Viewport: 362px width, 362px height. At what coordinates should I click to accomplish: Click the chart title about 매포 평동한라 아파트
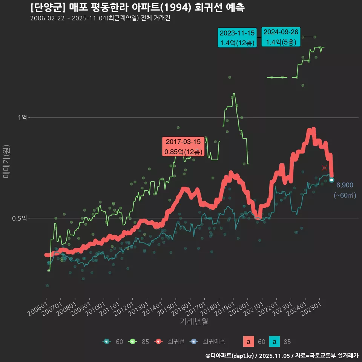pos(137,8)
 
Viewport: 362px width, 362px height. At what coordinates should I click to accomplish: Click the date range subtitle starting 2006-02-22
pos(100,18)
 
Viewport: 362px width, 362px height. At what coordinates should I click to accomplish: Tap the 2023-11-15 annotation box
pos(237,38)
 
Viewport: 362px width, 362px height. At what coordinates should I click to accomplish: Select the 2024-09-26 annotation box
pos(281,37)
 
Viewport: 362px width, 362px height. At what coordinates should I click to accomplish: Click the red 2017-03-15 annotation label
pos(183,147)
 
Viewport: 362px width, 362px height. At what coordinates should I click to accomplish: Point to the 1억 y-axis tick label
pos(22,118)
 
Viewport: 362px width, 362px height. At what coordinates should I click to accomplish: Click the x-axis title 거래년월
pos(194,321)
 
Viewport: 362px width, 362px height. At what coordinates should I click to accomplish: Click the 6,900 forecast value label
pos(345,185)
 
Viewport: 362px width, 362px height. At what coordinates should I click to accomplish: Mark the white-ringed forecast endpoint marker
pos(331,180)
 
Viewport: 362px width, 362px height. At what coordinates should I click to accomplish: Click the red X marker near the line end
pos(324,168)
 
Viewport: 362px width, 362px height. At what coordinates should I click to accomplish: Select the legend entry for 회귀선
pos(170,342)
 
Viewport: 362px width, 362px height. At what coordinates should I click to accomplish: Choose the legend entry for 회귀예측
pos(207,342)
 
